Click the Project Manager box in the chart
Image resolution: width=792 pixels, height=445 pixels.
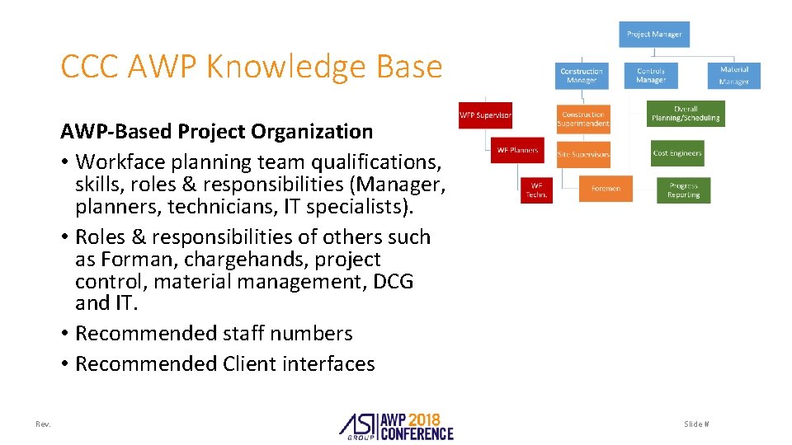click(654, 35)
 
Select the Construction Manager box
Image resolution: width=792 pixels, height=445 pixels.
click(582, 76)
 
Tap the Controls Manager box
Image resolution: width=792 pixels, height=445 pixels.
click(651, 76)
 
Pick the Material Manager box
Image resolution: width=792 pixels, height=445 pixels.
click(733, 76)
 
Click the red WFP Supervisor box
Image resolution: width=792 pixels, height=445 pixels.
click(485, 115)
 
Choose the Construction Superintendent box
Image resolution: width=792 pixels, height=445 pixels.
click(583, 119)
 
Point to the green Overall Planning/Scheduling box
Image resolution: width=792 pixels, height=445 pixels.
click(686, 114)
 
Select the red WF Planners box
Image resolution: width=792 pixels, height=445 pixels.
click(517, 150)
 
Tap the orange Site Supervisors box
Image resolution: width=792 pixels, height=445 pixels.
click(583, 154)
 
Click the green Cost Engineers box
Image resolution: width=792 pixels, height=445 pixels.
click(677, 153)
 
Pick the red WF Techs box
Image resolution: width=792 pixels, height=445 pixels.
click(536, 190)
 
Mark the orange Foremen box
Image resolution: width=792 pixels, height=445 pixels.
click(606, 189)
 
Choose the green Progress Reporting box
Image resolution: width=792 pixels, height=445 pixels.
click(683, 190)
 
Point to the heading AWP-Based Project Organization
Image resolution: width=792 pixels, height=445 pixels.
click(216, 131)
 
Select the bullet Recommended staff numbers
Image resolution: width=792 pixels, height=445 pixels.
click(214, 334)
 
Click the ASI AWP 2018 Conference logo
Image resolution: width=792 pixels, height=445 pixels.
click(396, 424)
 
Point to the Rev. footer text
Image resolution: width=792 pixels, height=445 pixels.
click(43, 424)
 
